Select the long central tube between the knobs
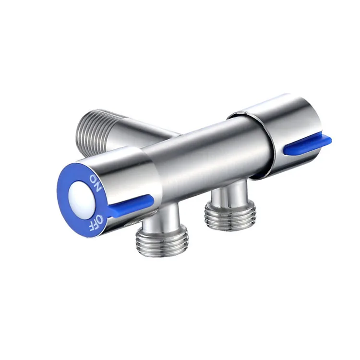pyautogui.click(x=206, y=154)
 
